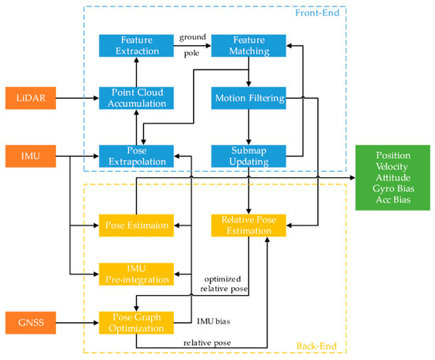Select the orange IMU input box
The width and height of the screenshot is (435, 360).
pos(35,155)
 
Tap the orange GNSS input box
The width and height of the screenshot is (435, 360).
pos(35,322)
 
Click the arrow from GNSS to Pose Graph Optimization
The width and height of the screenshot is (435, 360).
pos(80,322)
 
